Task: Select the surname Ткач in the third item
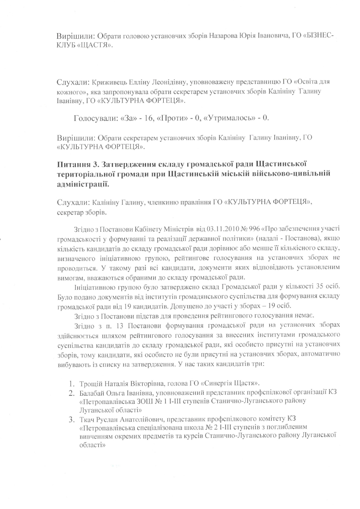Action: [x=87, y=421]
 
